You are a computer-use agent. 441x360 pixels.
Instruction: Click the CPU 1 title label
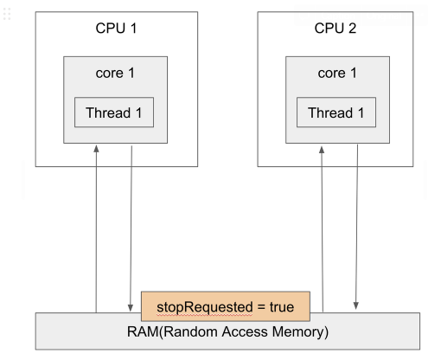116,29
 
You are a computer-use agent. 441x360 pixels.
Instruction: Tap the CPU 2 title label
336,29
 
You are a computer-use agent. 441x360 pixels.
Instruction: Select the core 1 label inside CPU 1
115,73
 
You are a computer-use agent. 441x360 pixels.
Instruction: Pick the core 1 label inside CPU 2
337,73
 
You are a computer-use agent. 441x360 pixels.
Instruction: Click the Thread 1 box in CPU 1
114,112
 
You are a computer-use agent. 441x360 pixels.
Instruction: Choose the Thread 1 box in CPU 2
336,112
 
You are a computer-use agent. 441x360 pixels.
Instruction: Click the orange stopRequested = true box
226,306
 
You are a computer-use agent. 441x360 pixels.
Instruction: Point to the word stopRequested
205,307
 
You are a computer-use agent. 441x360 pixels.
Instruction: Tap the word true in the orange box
282,307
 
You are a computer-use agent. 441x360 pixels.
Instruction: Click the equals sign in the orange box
261,307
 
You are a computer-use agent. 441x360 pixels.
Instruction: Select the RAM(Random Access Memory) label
227,332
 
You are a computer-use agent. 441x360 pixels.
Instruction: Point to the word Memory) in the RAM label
300,332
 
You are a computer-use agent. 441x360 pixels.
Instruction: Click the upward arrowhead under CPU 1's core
96,149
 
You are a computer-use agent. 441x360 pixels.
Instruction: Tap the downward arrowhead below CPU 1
131,307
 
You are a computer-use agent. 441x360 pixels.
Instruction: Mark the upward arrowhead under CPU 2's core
322,150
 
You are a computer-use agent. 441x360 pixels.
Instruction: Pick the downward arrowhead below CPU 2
356,305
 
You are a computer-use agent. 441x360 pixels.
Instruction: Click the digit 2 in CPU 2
352,29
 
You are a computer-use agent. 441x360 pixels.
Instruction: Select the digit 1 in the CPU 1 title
133,29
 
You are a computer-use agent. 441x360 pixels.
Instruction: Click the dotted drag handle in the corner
7,14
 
